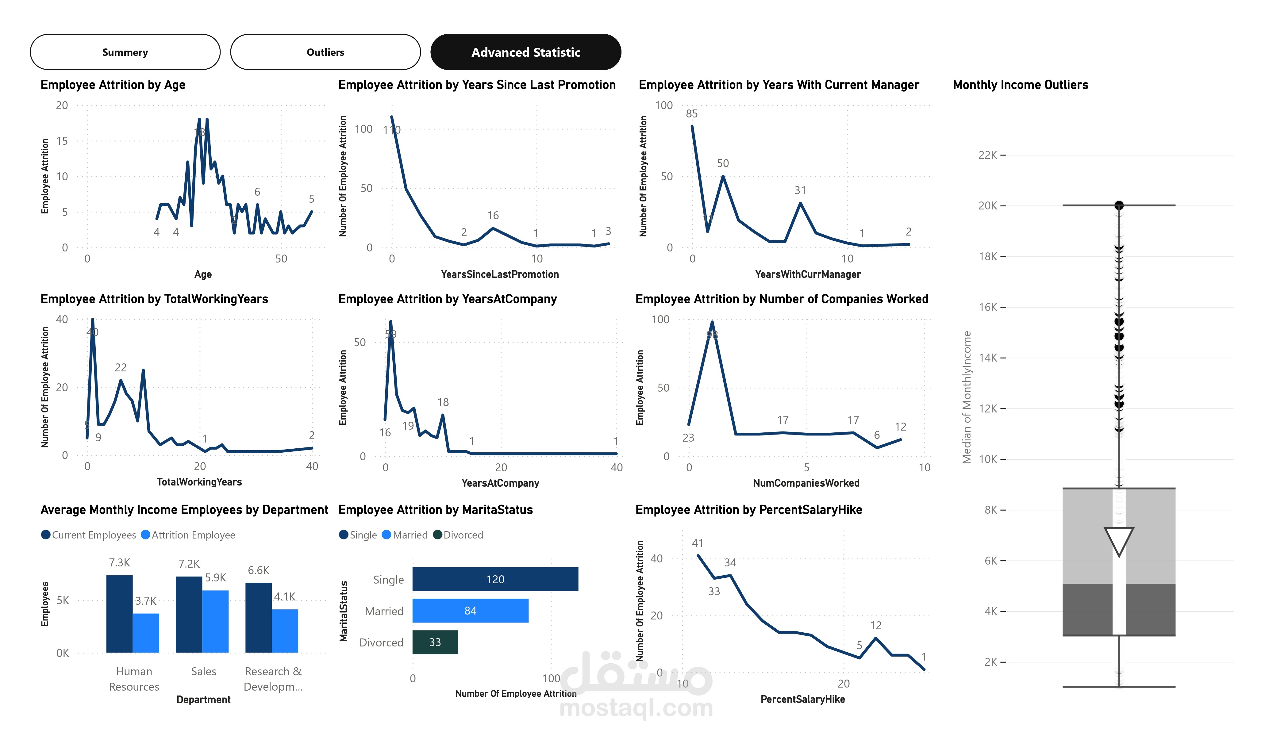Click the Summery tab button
click(x=125, y=52)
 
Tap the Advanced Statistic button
click(x=525, y=52)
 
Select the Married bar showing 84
click(x=470, y=610)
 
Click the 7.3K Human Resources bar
click(x=119, y=613)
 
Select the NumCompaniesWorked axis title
click(x=806, y=483)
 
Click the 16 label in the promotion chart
click(x=493, y=216)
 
